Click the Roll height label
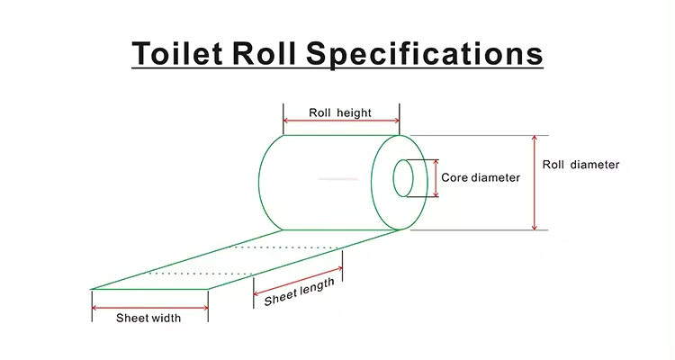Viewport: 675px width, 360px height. pos(340,112)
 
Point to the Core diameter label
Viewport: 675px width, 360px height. pos(481,177)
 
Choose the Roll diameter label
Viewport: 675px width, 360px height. pos(580,165)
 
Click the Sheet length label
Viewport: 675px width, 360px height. pos(299,292)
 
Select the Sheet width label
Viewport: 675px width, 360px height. pos(148,318)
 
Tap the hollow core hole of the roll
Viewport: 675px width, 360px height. pos(402,179)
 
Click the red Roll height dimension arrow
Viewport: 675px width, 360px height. pos(340,121)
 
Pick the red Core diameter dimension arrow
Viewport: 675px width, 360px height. pos(437,179)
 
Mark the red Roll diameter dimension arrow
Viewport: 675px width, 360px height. pos(535,183)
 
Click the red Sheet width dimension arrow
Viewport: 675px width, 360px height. pos(149,307)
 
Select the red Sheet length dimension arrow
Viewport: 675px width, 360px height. pos(298,280)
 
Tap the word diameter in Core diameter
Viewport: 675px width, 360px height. pos(496,177)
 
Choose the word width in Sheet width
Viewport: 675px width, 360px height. pos(166,318)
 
